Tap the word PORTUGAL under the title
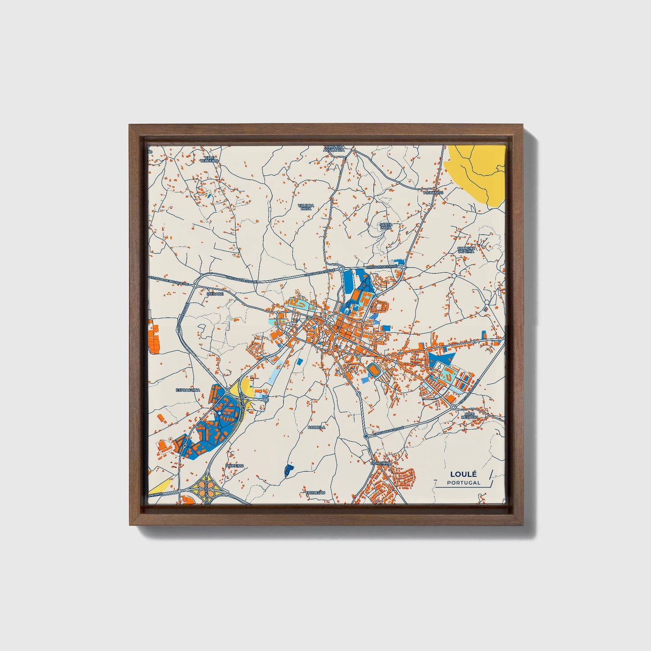pyautogui.click(x=464, y=483)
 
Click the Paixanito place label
pyautogui.click(x=433, y=192)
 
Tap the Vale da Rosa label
pyautogui.click(x=305, y=207)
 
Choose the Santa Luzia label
pyautogui.click(x=386, y=226)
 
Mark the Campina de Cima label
pyautogui.click(x=466, y=250)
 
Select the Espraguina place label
pyautogui.click(x=188, y=389)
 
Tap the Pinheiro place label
pyautogui.click(x=235, y=465)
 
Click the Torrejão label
pyautogui.click(x=315, y=493)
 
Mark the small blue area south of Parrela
pyautogui.click(x=288, y=470)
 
